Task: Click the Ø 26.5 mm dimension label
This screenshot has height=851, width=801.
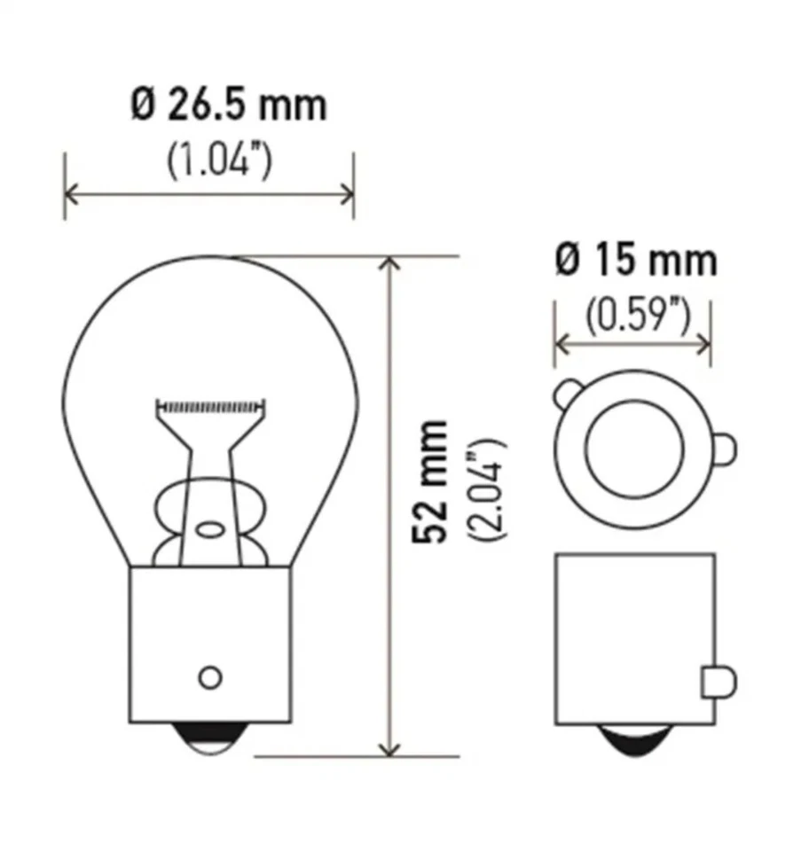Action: (x=229, y=105)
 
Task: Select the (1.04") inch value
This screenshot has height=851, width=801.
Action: (x=218, y=161)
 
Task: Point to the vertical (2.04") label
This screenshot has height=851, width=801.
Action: (x=487, y=488)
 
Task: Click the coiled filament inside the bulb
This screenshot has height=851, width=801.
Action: (x=210, y=407)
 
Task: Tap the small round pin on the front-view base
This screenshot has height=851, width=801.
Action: (x=209, y=677)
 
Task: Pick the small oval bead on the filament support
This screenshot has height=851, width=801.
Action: (x=210, y=530)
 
